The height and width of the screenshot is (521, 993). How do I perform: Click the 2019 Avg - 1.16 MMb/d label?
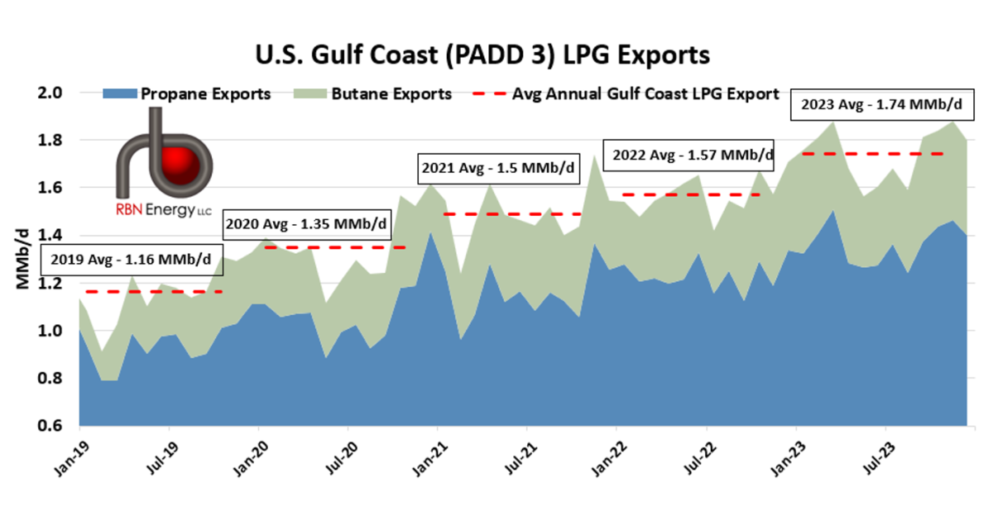pos(131,260)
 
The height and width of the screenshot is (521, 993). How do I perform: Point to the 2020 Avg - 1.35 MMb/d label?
pos(305,223)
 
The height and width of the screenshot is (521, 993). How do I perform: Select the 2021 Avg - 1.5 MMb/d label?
pos(498,168)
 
